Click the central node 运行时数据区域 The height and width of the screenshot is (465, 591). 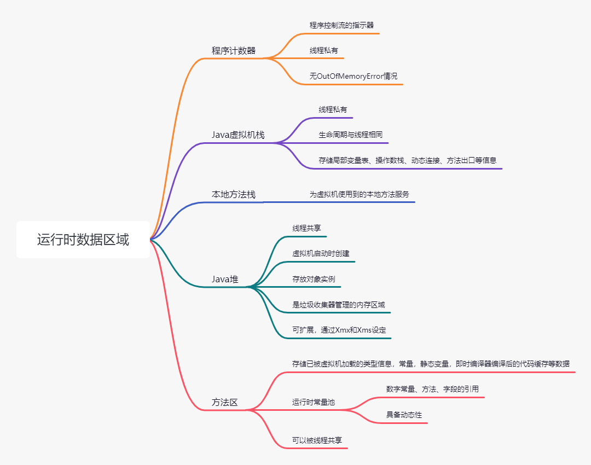coord(83,240)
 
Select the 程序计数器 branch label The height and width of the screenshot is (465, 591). coord(234,51)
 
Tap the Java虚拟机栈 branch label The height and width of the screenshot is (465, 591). coord(238,135)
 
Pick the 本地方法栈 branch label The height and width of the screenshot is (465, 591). coord(234,194)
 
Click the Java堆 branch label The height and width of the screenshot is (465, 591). coord(225,279)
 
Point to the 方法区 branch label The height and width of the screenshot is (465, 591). coord(225,402)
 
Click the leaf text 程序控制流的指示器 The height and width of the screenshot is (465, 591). coord(342,25)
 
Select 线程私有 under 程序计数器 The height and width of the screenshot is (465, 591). coord(324,50)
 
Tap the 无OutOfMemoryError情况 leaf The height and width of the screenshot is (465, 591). coord(354,76)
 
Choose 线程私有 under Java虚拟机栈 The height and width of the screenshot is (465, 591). coord(333,109)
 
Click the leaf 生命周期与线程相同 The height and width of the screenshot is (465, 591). coord(351,135)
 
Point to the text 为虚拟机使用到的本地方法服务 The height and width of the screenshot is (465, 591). coord(360,194)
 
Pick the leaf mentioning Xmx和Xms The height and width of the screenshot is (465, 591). coord(339,330)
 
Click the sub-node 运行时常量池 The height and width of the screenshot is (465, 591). coord(314,402)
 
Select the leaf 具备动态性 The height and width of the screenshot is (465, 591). coord(404,415)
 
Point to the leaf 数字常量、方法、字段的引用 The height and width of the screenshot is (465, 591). coord(433,389)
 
